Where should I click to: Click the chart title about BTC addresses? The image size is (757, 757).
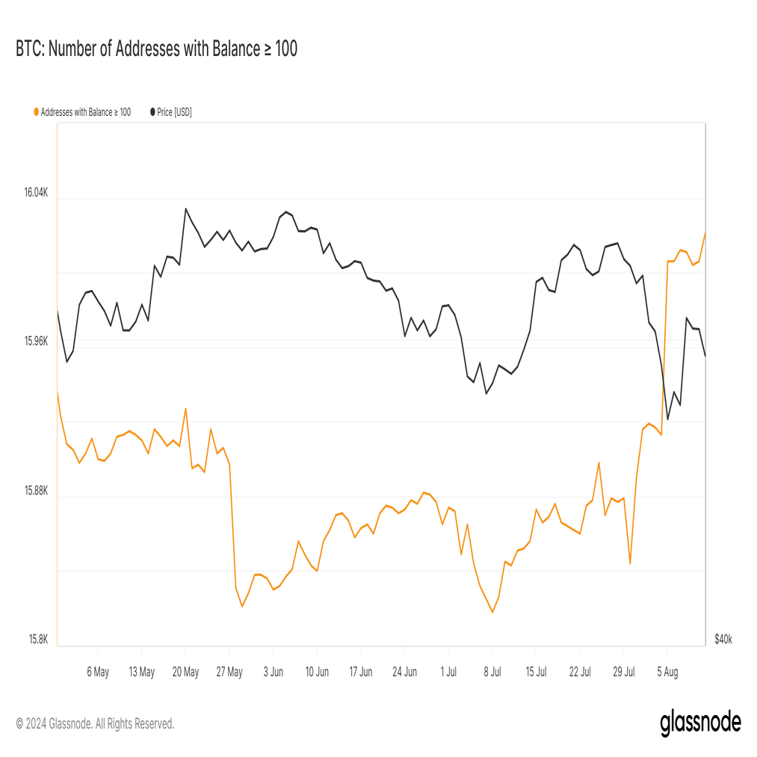point(156,49)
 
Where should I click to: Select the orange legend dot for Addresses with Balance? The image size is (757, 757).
point(36,112)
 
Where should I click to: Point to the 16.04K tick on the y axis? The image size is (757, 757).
point(35,193)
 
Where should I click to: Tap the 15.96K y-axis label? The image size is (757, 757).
point(35,342)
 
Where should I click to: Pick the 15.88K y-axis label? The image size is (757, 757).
point(35,491)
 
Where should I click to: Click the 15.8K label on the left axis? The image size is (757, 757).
point(38,640)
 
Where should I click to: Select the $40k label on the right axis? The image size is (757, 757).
point(723,640)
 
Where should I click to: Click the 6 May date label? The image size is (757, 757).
point(98,672)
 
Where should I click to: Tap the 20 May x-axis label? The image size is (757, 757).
point(185,672)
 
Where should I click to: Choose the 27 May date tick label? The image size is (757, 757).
point(229,672)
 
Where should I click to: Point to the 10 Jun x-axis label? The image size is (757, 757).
point(317,672)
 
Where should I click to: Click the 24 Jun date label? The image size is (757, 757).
point(404,672)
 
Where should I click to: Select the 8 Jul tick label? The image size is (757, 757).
point(492,672)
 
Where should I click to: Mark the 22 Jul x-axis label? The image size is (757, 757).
point(580,672)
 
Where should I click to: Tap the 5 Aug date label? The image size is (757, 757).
point(667,672)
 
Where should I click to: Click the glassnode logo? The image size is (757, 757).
point(700,723)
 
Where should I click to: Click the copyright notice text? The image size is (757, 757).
point(95,723)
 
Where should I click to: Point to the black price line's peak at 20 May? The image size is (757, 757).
point(186,208)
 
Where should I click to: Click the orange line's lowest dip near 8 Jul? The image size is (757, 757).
point(492,612)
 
